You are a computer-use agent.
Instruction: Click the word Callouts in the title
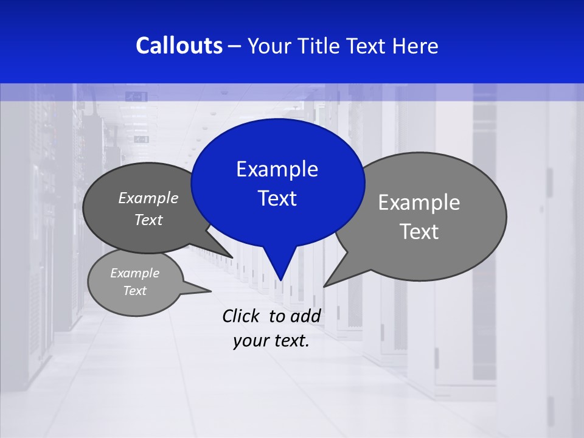pyautogui.click(x=179, y=46)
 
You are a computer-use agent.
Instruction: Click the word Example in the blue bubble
pyautogui.click(x=277, y=169)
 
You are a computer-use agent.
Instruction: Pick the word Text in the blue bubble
pyautogui.click(x=277, y=198)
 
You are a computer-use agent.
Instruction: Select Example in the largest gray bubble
pyautogui.click(x=419, y=203)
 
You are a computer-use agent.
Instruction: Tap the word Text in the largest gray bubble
pyautogui.click(x=419, y=232)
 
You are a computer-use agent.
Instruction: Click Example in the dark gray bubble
pyautogui.click(x=148, y=198)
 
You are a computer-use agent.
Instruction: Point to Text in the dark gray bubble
pyautogui.click(x=148, y=220)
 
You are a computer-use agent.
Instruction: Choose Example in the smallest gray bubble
pyautogui.click(x=134, y=273)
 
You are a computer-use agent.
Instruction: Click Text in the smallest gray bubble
pyautogui.click(x=134, y=291)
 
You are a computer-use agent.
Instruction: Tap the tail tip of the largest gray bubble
pyautogui.click(x=325, y=285)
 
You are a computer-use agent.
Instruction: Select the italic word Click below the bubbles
pyautogui.click(x=242, y=316)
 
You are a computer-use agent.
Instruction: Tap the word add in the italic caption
pyautogui.click(x=305, y=316)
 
